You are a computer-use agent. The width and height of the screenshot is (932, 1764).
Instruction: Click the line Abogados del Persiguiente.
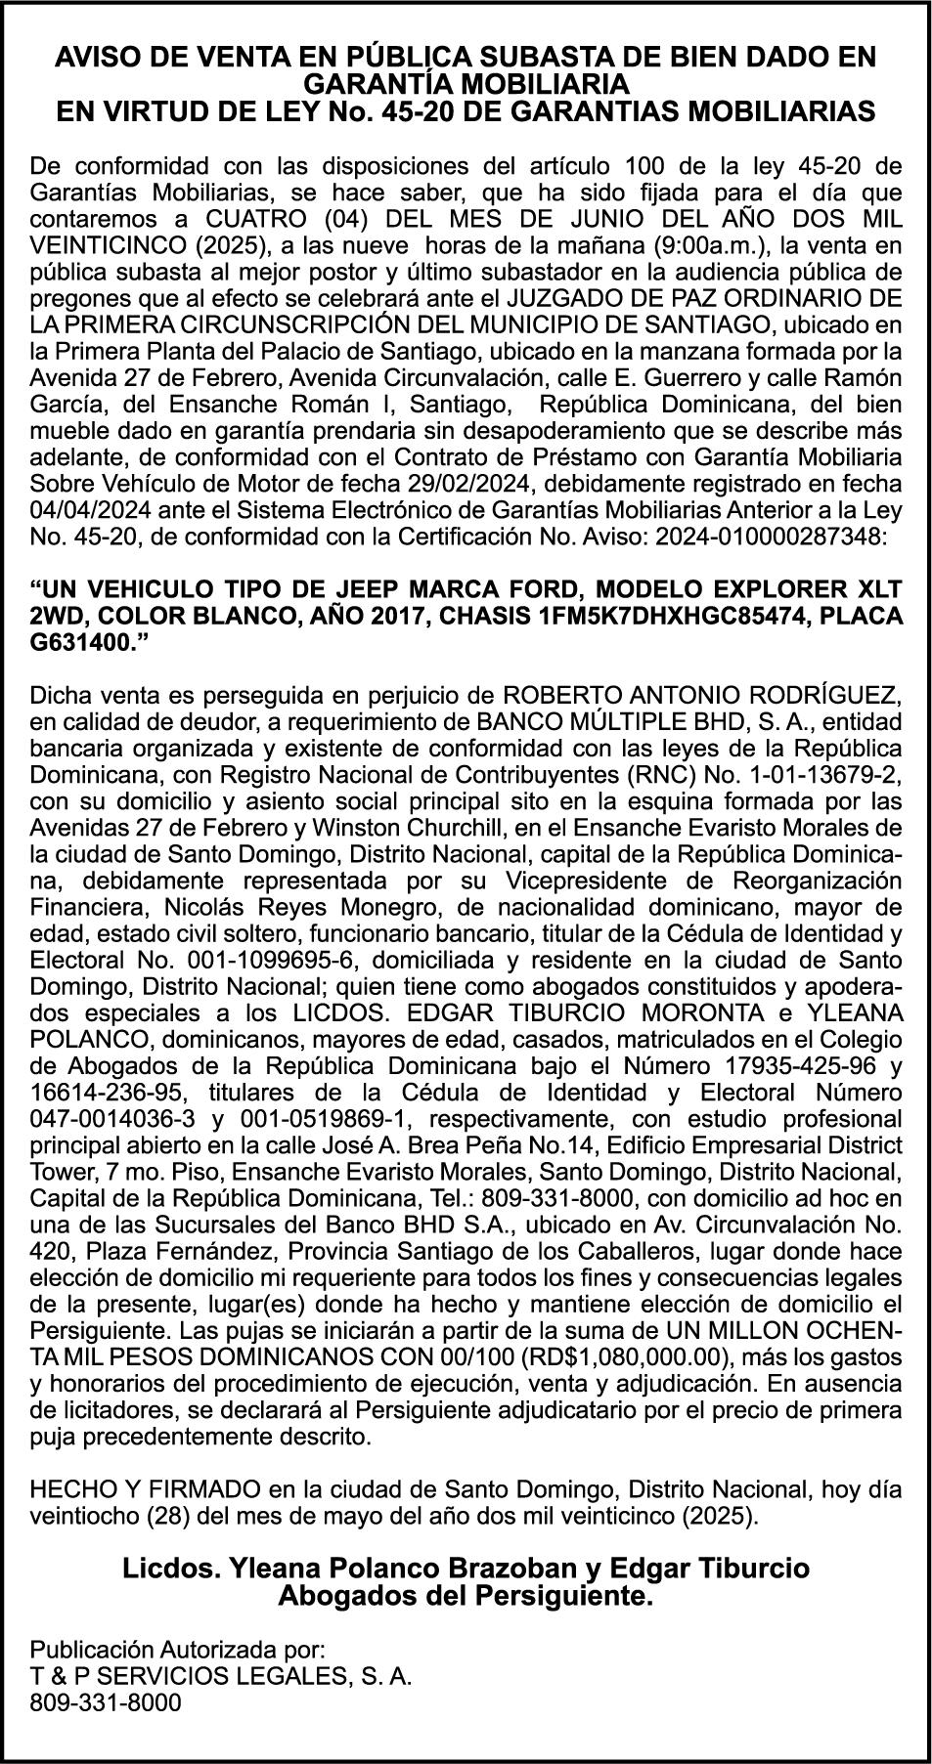(x=466, y=1598)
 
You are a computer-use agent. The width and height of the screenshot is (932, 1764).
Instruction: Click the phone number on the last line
(x=106, y=1701)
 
